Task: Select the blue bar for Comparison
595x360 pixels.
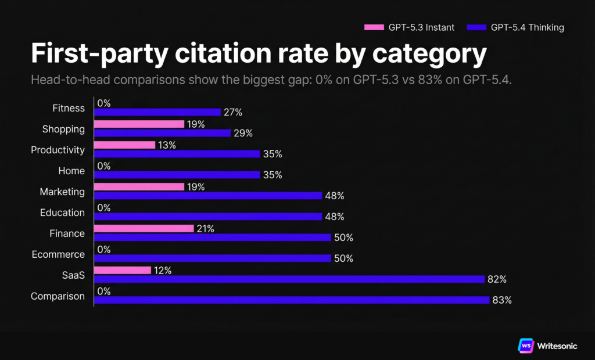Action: (x=291, y=300)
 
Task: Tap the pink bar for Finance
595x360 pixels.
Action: (x=144, y=228)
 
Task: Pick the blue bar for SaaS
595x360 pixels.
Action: (x=289, y=279)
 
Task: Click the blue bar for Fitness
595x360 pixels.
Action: (x=157, y=112)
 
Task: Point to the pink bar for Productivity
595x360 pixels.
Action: (x=124, y=145)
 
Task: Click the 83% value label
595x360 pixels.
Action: (x=502, y=300)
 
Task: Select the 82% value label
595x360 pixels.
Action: (x=497, y=279)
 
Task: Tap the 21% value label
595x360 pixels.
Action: (x=206, y=229)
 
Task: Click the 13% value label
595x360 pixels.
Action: (x=167, y=145)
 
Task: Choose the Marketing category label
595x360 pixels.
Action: (x=62, y=192)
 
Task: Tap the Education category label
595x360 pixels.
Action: (x=62, y=213)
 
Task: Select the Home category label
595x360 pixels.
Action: (x=71, y=171)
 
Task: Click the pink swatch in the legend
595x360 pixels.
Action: (x=374, y=27)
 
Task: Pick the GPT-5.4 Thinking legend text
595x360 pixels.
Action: (x=528, y=27)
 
